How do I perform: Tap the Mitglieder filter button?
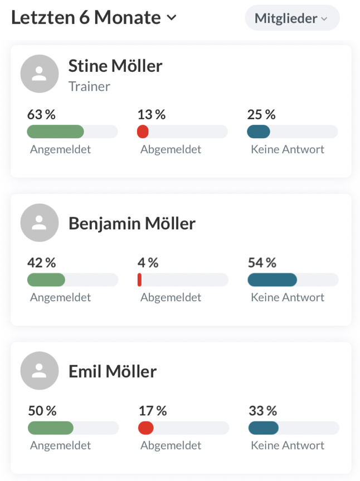291,18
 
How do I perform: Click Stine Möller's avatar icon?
40,73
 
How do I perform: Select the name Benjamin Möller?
132,224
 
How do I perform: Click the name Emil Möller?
112,371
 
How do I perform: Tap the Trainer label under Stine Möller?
89,86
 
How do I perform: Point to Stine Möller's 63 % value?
41,115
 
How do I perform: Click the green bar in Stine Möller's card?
55,132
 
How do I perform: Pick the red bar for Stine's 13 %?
143,132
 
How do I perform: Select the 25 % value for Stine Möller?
261,115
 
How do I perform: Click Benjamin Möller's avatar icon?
40,223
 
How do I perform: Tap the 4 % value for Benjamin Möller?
148,263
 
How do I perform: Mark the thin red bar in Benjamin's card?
139,279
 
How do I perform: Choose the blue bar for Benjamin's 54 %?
272,279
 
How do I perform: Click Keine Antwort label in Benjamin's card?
287,297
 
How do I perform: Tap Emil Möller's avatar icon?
40,371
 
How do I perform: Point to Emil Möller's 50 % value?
42,411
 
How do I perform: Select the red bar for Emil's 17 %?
145,428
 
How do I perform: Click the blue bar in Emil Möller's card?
263,428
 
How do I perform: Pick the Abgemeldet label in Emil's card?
171,445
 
